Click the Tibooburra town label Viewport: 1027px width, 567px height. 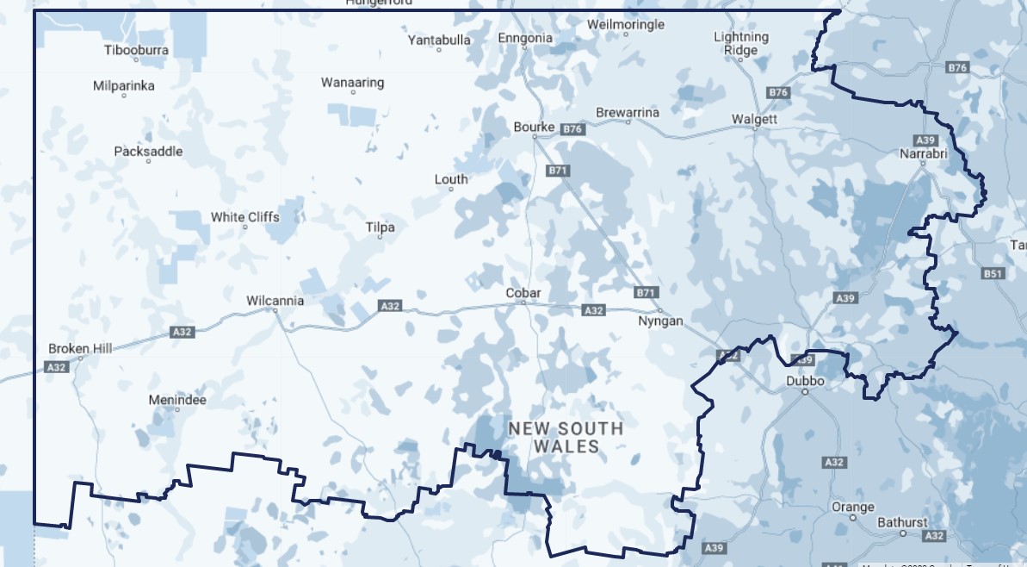coord(136,50)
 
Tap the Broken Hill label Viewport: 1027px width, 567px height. coord(80,348)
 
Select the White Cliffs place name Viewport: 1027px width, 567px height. coord(245,217)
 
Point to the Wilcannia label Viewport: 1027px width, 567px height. coord(275,301)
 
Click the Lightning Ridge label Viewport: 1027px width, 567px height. coord(741,43)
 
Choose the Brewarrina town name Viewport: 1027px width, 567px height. coord(628,113)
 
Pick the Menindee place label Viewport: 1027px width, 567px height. coord(177,400)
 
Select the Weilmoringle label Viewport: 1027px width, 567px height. coord(626,24)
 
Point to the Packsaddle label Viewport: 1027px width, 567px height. coord(148,152)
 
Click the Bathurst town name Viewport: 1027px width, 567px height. coord(903,522)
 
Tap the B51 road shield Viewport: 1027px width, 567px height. coord(993,274)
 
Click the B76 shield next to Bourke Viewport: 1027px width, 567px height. coord(572,129)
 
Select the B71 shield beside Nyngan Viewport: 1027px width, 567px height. coord(646,293)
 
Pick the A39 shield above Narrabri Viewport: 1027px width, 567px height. coord(926,140)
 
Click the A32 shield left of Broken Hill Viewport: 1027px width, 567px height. coord(57,368)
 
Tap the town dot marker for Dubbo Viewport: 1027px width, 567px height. coord(805,392)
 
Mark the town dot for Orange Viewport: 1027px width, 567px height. coord(853,518)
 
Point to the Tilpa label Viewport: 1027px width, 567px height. coord(380,227)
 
